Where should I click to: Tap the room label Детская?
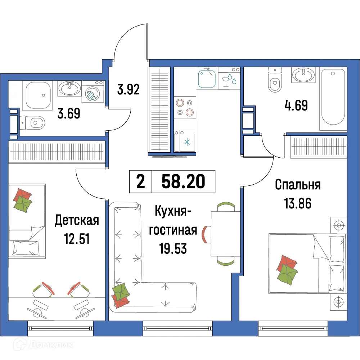(x=76, y=220)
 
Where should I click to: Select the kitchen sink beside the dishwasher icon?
(x=207, y=78)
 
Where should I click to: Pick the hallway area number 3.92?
(x=128, y=89)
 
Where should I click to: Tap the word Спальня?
(x=297, y=185)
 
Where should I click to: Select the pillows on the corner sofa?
(x=121, y=293)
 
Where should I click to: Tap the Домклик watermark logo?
(x=45, y=345)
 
